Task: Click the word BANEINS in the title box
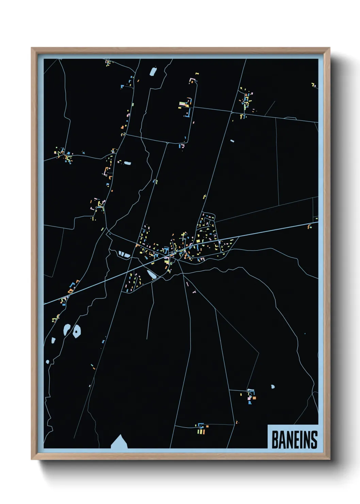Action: (x=294, y=440)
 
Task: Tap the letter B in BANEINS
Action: (x=275, y=440)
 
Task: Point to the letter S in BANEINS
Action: (x=314, y=440)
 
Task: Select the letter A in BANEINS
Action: (x=282, y=440)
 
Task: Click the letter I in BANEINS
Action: (x=302, y=440)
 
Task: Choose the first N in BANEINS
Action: (x=289, y=440)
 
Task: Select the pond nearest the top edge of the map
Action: (x=153, y=72)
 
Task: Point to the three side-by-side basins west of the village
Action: (x=124, y=254)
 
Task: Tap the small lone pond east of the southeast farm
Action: (x=273, y=387)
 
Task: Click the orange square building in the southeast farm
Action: (x=254, y=397)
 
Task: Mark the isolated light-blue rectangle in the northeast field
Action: (x=232, y=141)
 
